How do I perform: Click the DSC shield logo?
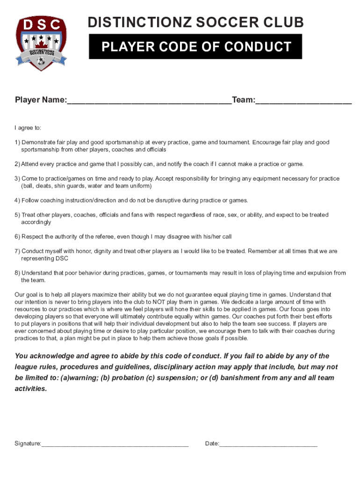[41, 43]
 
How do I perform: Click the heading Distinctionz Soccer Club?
[196, 22]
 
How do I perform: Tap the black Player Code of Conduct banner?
[196, 47]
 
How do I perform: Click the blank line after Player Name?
[149, 101]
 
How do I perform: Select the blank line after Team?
[303, 101]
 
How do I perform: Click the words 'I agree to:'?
[28, 128]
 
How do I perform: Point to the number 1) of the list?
[18, 142]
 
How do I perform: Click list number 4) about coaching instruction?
[18, 201]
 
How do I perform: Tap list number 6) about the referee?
[18, 237]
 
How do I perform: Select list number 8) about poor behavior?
[18, 273]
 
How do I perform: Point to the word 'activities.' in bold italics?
[31, 389]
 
